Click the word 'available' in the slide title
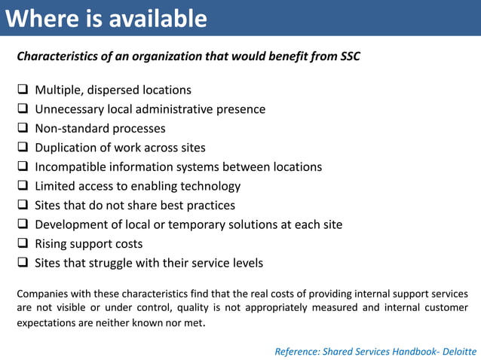[x=158, y=19]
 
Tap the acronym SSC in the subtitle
[x=350, y=56]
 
